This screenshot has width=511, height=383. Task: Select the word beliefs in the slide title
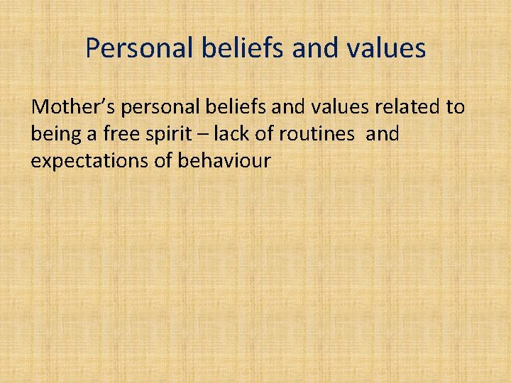pyautogui.click(x=231, y=48)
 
